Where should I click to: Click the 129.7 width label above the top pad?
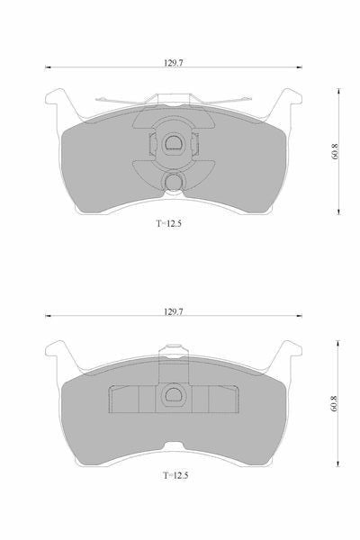pos(174,63)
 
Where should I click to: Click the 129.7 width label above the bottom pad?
pos(174,311)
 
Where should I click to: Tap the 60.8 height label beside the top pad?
pos(335,151)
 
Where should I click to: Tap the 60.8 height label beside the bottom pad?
pos(333,403)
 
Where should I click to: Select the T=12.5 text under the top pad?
pos(169,223)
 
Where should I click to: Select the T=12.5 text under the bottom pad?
pos(175,475)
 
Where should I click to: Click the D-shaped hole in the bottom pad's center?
pos(174,395)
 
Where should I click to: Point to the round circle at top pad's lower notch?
pos(174,182)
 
